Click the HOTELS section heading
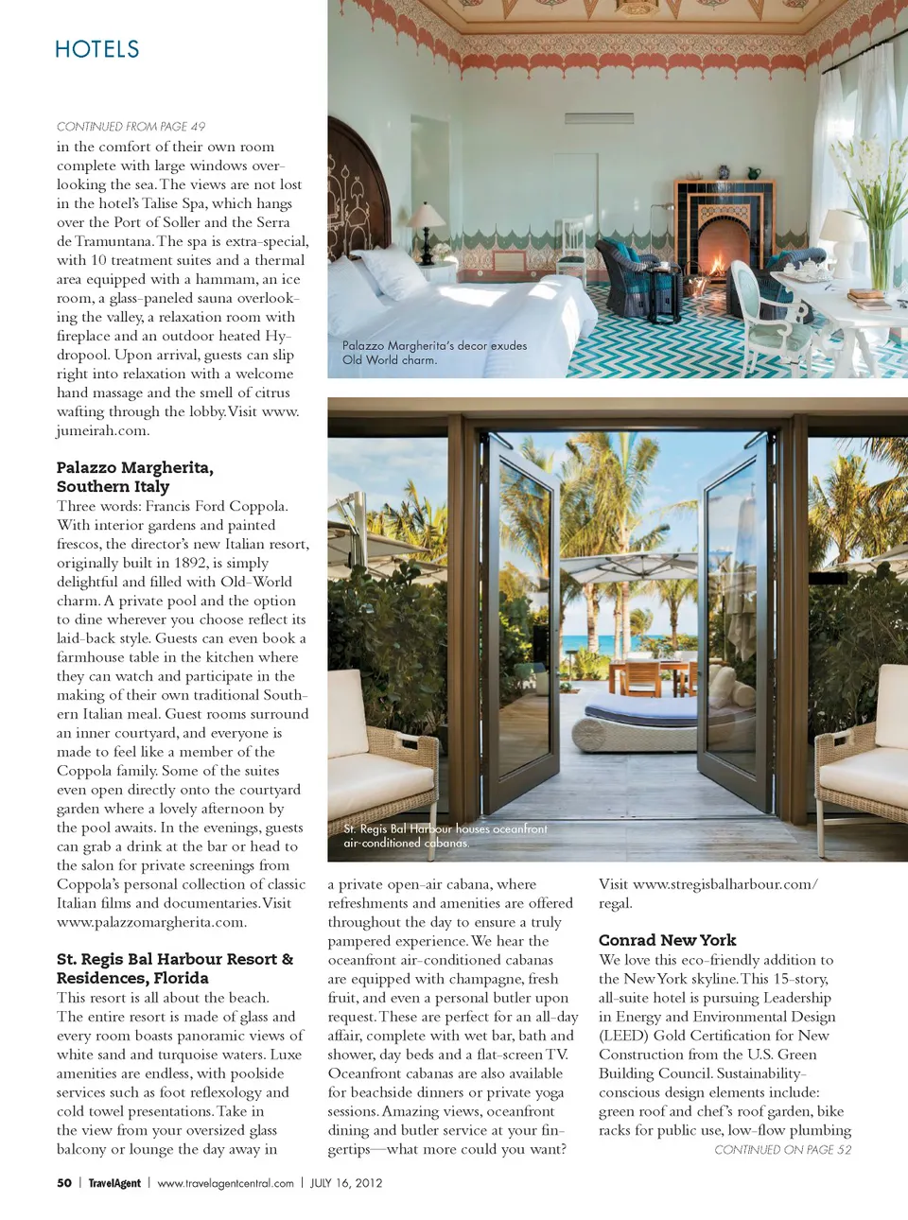pos(96,49)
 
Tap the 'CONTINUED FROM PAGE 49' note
pos(131,127)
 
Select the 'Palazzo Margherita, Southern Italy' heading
pos(134,477)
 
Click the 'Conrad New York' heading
pos(667,940)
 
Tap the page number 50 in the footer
pos(64,1183)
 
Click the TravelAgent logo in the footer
pos(114,1183)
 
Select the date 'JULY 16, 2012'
pos(346,1183)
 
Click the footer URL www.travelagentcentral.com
pos(225,1183)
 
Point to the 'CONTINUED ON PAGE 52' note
pos(782,1150)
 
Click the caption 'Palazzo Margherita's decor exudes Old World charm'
pos(434,353)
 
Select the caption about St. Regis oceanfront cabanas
pos(445,835)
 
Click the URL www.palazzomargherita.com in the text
pos(151,922)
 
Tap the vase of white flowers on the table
pos(878,227)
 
